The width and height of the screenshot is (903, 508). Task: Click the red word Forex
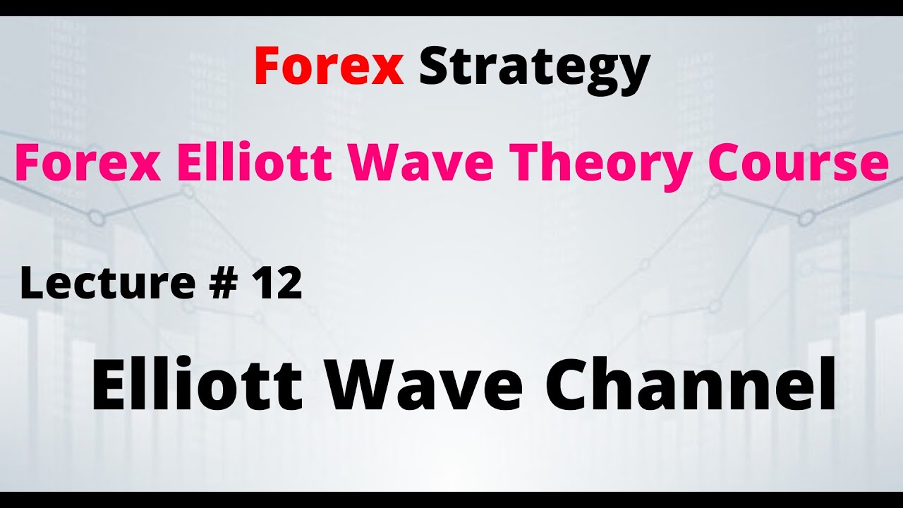pos(329,66)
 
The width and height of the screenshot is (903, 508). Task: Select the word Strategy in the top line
pos(534,68)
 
